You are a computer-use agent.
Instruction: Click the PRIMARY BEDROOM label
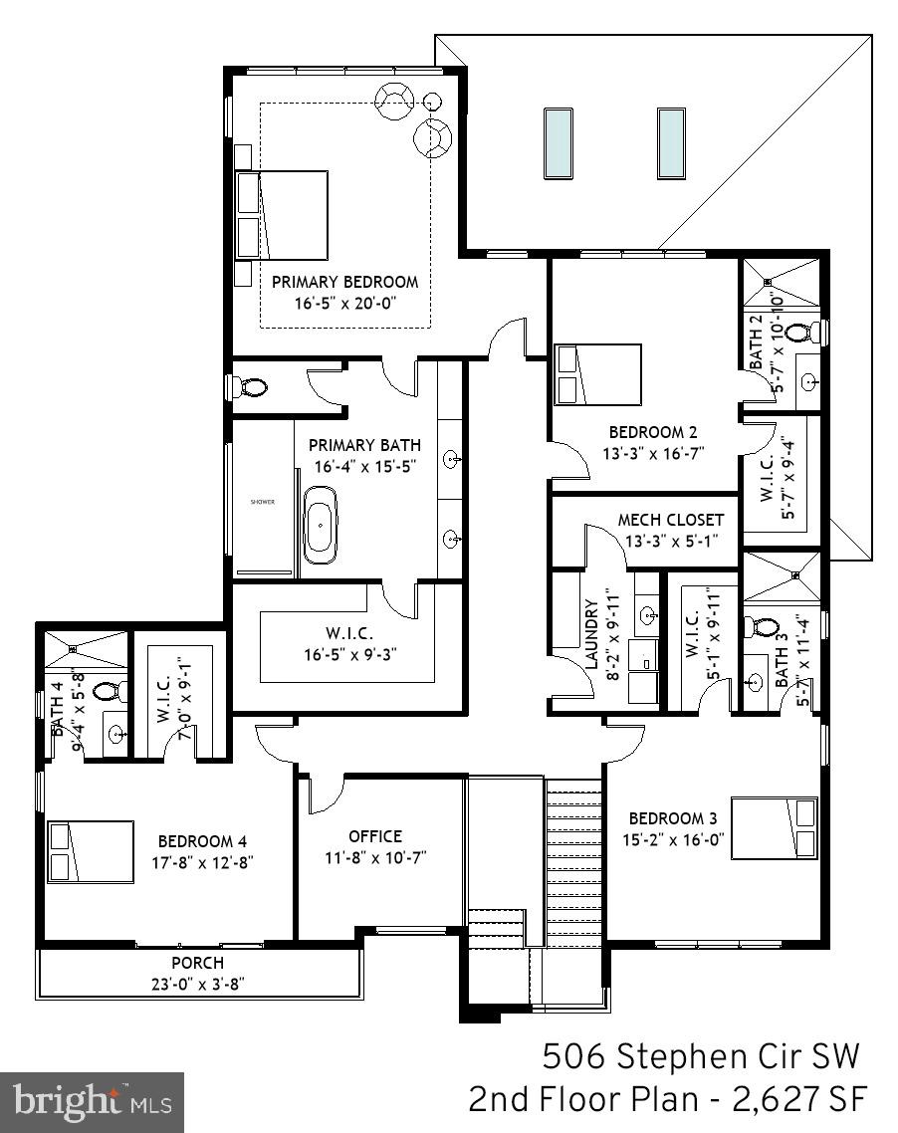[345, 282]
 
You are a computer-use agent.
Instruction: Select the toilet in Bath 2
[815, 332]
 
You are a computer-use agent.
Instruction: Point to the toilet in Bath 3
[765, 628]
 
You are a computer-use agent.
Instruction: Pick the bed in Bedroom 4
[91, 851]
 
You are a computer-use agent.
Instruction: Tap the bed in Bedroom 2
[595, 375]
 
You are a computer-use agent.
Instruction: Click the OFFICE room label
[375, 836]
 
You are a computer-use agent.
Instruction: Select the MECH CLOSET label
[670, 520]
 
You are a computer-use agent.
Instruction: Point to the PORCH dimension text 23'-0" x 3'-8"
[197, 983]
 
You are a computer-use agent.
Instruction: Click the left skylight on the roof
[559, 143]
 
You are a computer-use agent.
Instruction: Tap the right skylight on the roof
[671, 143]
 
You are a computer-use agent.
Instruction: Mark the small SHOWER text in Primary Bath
[263, 502]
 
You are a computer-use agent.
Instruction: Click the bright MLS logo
[92, 1102]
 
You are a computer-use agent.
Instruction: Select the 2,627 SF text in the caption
[796, 1100]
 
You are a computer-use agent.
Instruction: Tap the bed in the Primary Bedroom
[283, 215]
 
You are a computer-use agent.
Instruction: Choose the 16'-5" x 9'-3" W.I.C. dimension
[347, 655]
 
